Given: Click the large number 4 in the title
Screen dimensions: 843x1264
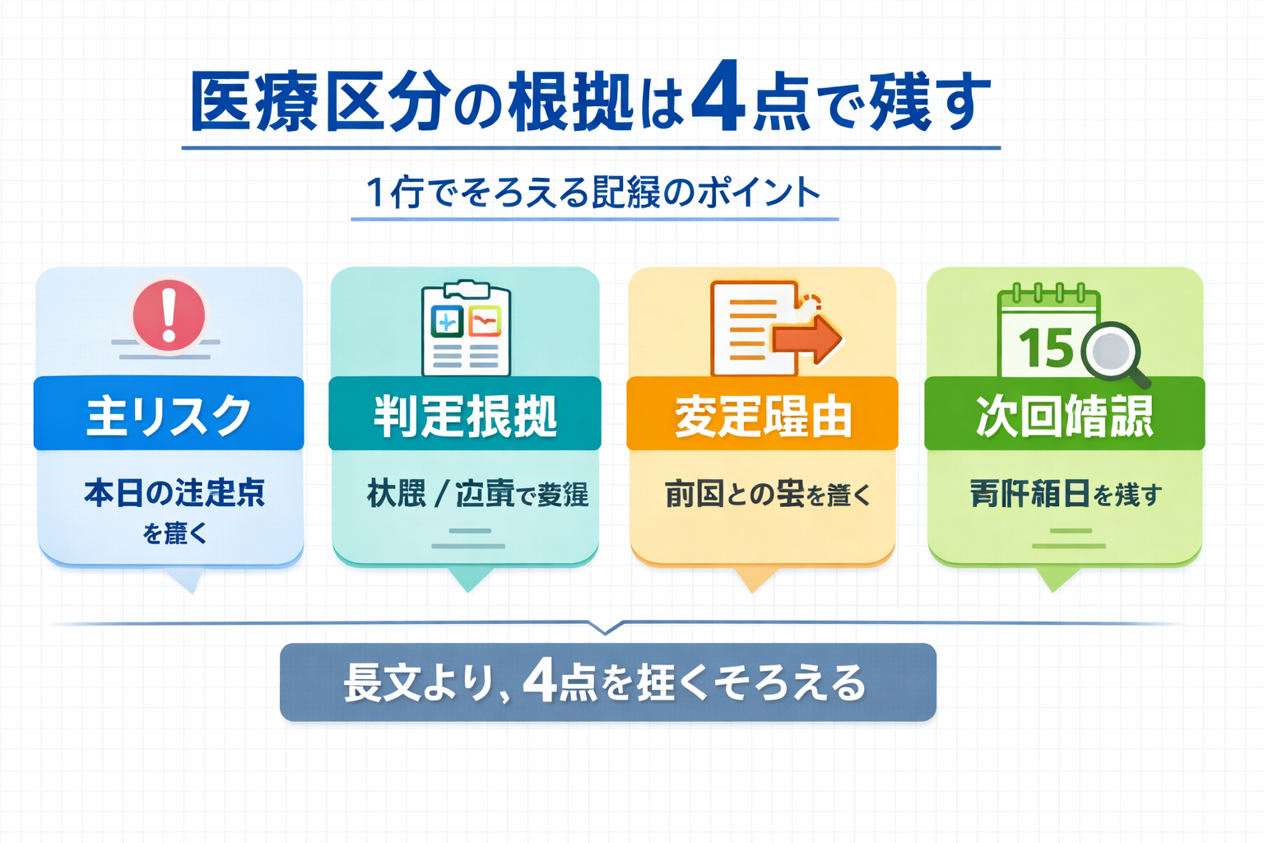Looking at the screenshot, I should (718, 98).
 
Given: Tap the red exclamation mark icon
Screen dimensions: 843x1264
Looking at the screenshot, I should (169, 314).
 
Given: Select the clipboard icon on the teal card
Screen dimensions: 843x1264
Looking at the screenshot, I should (466, 330).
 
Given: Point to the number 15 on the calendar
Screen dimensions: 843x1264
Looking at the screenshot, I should (1046, 347).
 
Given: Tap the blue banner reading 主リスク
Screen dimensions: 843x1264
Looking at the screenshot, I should (169, 414).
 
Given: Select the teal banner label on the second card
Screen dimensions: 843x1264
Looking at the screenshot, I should (465, 414).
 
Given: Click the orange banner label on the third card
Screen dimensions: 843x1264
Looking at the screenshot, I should (762, 414).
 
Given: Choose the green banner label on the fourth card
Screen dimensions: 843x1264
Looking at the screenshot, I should (1064, 414).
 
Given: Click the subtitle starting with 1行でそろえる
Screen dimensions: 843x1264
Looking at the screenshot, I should (594, 193).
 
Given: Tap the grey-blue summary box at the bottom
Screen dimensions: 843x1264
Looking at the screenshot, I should (608, 682).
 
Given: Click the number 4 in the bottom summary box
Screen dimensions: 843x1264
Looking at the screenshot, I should (540, 681).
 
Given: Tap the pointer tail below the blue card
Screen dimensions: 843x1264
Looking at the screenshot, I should (188, 581).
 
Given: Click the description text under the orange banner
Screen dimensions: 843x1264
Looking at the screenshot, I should (767, 495).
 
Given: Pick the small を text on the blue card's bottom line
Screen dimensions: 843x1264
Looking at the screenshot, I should (152, 534).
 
